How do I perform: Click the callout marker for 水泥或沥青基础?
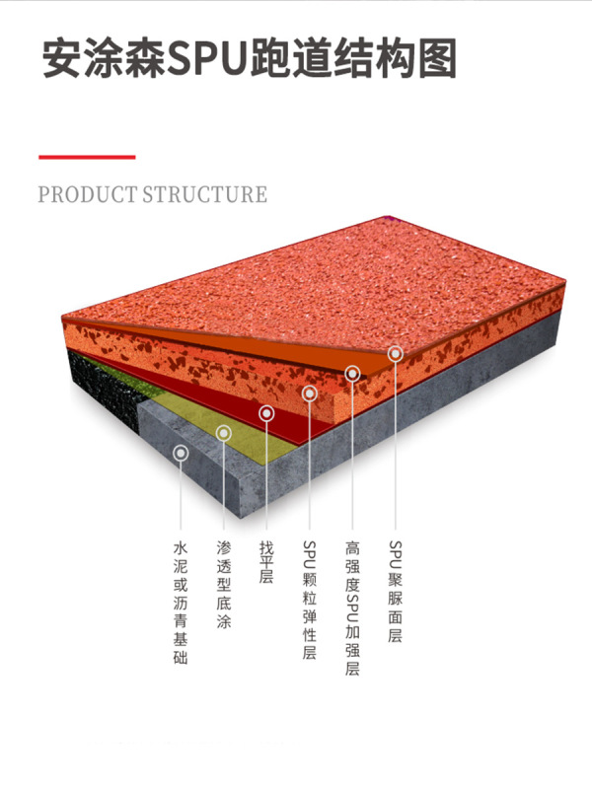click(x=181, y=453)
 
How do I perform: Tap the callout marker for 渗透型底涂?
click(x=224, y=432)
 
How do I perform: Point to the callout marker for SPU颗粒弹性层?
click(x=309, y=394)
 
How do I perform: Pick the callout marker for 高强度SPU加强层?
click(x=352, y=373)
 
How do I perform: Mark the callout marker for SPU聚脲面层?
click(x=395, y=352)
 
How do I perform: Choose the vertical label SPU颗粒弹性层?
click(x=309, y=601)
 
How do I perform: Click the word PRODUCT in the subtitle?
click(x=87, y=194)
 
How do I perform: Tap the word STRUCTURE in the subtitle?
click(x=204, y=194)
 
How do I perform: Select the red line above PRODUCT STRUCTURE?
click(x=87, y=157)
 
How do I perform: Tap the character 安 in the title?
click(x=61, y=59)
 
